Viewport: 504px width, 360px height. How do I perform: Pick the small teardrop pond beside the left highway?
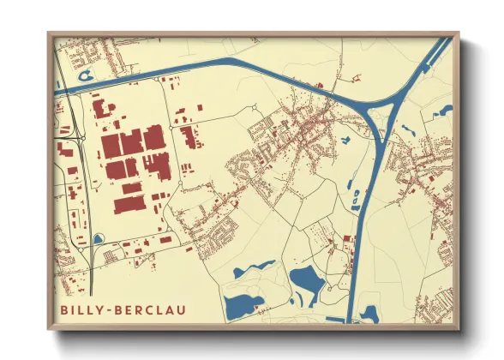tap(98, 239)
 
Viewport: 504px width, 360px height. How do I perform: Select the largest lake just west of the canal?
tap(306, 279)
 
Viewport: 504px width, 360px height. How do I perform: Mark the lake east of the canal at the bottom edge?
tap(369, 312)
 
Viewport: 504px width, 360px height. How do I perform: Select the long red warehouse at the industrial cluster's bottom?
tap(129, 204)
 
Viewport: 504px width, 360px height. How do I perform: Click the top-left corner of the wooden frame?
tap(49, 33)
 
